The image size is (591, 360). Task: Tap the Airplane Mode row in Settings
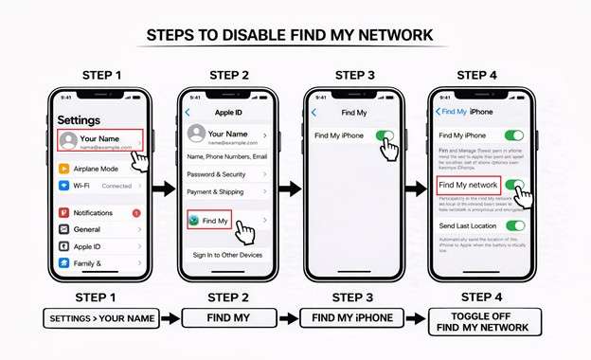[99, 169]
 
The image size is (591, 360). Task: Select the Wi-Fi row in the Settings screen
[99, 186]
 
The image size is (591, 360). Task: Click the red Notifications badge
[136, 213]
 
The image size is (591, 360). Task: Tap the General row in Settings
[99, 229]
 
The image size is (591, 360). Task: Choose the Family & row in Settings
[99, 262]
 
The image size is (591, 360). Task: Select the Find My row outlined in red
[210, 221]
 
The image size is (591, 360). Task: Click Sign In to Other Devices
[227, 255]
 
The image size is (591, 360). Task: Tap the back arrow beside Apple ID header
[187, 112]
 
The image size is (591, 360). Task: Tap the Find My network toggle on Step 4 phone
[514, 185]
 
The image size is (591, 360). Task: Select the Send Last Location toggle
[514, 225]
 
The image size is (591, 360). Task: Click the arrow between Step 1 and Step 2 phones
[164, 189]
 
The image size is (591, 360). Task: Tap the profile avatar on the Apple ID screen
[197, 134]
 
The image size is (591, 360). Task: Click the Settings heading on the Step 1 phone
[79, 120]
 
